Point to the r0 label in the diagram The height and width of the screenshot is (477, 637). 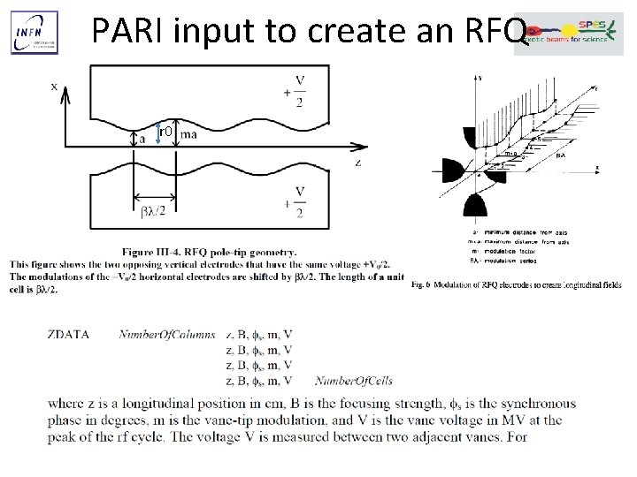click(x=163, y=132)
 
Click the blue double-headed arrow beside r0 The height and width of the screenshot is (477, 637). click(x=157, y=133)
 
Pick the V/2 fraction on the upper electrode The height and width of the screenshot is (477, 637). click(x=300, y=91)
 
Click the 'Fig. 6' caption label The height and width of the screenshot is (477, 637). click(x=422, y=284)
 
